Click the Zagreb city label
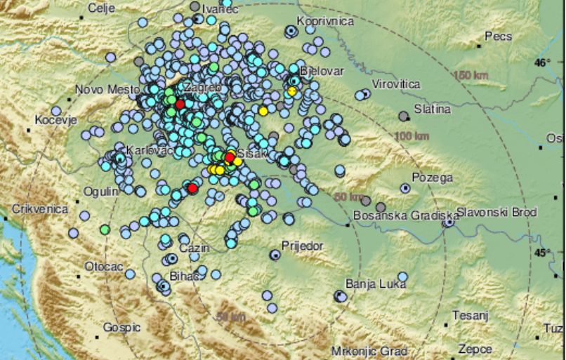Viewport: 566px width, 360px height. coord(203,88)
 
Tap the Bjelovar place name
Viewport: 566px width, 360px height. coord(320,72)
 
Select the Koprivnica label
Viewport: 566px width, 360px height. coord(324,22)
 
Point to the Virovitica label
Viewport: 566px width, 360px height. coord(395,84)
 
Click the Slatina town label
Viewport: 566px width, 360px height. coord(433,109)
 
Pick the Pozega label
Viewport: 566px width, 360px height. coord(432,178)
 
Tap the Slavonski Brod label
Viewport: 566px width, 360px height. coord(496,212)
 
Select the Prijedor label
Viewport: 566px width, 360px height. coord(302,246)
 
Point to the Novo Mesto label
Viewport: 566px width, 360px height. coord(103,89)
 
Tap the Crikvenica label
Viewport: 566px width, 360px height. coord(40,209)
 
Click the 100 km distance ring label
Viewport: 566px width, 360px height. coord(412,135)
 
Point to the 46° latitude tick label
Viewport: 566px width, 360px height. coord(541,63)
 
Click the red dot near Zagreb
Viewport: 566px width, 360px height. coord(180,104)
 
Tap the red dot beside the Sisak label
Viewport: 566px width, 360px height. coord(230,157)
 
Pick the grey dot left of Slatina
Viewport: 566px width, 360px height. coord(403,116)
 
